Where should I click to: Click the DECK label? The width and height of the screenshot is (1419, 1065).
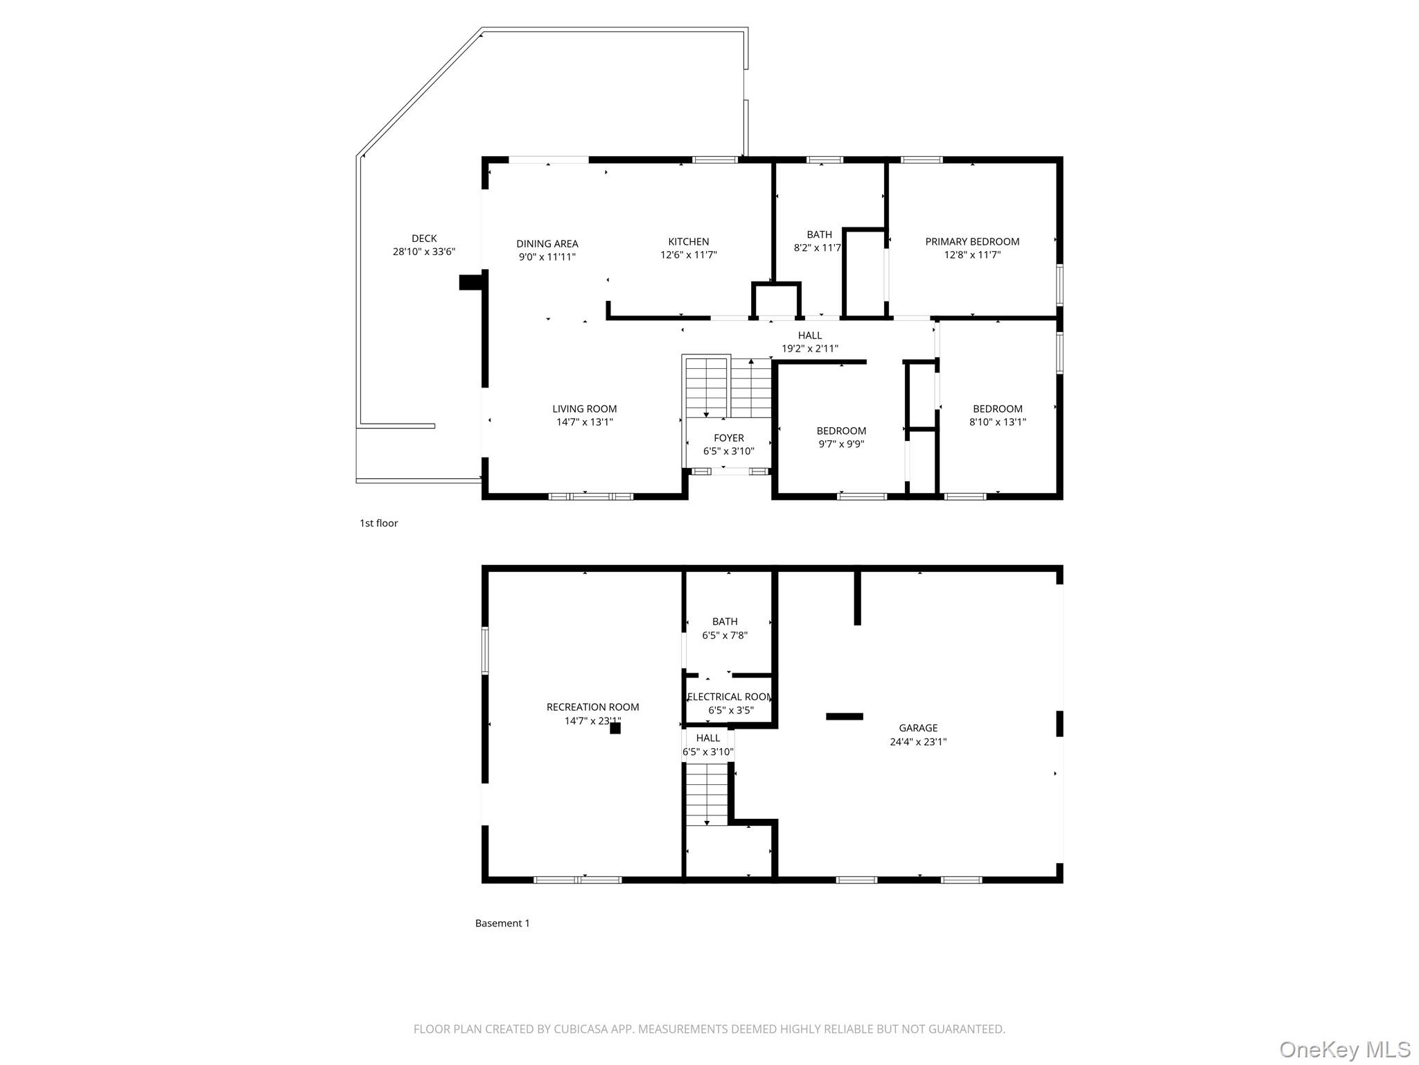pyautogui.click(x=424, y=239)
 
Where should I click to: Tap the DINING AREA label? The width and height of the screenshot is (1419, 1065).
pyautogui.click(x=547, y=243)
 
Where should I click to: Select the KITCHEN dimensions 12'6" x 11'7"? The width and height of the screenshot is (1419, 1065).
pyautogui.click(x=688, y=255)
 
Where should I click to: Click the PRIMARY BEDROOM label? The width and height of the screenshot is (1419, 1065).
pyautogui.click(x=971, y=241)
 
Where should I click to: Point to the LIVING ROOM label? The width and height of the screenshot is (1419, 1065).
pyautogui.click(x=584, y=409)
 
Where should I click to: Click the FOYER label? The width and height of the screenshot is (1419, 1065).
pyautogui.click(x=728, y=438)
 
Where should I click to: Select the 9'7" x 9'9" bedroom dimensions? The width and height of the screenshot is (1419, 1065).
pyautogui.click(x=841, y=444)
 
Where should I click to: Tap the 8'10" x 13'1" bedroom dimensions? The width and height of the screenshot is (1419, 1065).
pyautogui.click(x=997, y=422)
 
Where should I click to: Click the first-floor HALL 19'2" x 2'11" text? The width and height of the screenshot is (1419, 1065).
pyautogui.click(x=809, y=342)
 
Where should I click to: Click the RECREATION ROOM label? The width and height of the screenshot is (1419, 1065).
pyautogui.click(x=592, y=707)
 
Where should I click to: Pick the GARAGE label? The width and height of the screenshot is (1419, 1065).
pyautogui.click(x=918, y=728)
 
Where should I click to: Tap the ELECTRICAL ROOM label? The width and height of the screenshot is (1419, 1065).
pyautogui.click(x=730, y=697)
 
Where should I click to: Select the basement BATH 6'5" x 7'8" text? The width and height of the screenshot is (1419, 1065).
pyautogui.click(x=725, y=628)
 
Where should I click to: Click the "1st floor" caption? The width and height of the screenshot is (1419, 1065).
pyautogui.click(x=378, y=523)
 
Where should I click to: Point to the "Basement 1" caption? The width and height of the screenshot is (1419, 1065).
pyautogui.click(x=502, y=924)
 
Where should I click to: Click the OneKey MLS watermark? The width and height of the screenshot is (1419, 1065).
pyautogui.click(x=1344, y=1049)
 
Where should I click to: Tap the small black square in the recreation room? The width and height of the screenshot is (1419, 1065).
pyautogui.click(x=615, y=728)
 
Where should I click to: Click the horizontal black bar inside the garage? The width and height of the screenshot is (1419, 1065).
pyautogui.click(x=844, y=716)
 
